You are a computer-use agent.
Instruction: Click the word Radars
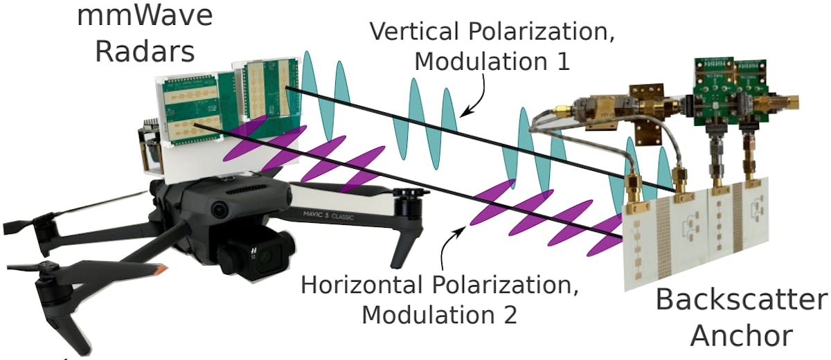[145, 52]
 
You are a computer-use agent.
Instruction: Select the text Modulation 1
[492, 61]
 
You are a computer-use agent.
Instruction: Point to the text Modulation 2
[439, 315]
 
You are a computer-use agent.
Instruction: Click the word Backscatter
[742, 300]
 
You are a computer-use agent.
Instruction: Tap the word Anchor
[742, 336]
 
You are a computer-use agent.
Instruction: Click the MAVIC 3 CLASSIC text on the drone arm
[328, 215]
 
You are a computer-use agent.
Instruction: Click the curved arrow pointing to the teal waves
[477, 96]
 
